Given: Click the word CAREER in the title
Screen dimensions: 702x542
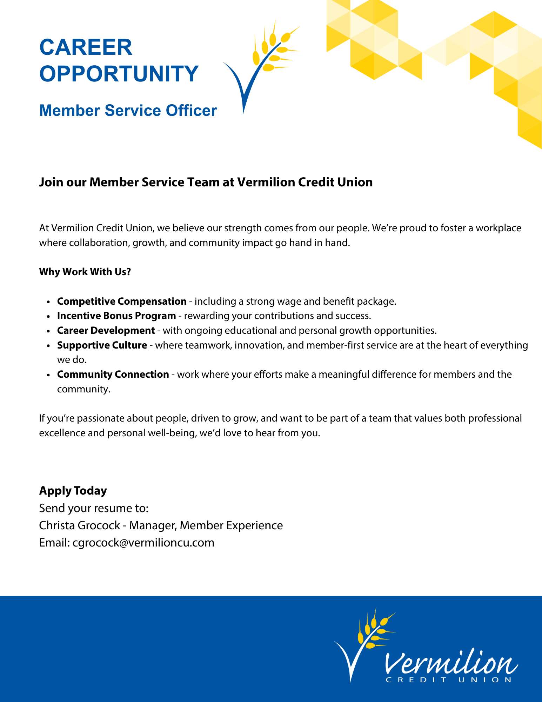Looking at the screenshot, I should click(86, 47).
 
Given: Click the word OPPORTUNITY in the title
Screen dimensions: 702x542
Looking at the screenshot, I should click(119, 74).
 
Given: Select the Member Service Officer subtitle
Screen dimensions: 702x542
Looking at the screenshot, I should click(128, 111).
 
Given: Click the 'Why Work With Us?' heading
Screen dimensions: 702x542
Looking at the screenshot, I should click(85, 272).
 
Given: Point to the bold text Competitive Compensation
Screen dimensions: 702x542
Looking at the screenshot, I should click(122, 302).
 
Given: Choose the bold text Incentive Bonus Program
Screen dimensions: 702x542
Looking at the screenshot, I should click(116, 316).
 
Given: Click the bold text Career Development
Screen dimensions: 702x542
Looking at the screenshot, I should click(106, 331).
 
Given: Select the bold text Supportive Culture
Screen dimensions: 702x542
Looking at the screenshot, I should click(102, 345).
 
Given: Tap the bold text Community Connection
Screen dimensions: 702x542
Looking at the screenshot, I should click(113, 375).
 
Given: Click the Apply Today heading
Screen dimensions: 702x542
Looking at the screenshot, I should click(73, 491).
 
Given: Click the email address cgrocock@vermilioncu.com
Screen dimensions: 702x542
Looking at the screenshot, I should click(143, 543).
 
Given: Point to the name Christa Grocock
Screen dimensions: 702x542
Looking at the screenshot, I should click(80, 525).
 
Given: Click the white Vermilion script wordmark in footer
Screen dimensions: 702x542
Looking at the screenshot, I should click(451, 663).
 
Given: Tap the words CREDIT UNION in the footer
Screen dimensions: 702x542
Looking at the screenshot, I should click(449, 680).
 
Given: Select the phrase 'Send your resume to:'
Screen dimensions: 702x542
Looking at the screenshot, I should click(94, 508).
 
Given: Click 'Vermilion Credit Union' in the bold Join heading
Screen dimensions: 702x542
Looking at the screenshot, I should click(305, 183).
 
